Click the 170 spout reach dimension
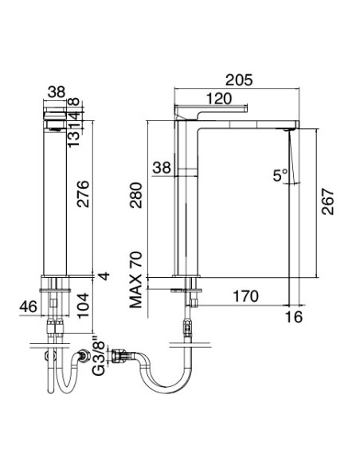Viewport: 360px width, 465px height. click(245, 297)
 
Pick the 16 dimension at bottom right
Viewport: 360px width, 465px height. click(296, 316)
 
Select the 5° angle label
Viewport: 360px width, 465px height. click(280, 177)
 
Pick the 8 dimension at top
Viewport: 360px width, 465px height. click(94, 102)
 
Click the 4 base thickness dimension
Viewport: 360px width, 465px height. click(101, 276)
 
